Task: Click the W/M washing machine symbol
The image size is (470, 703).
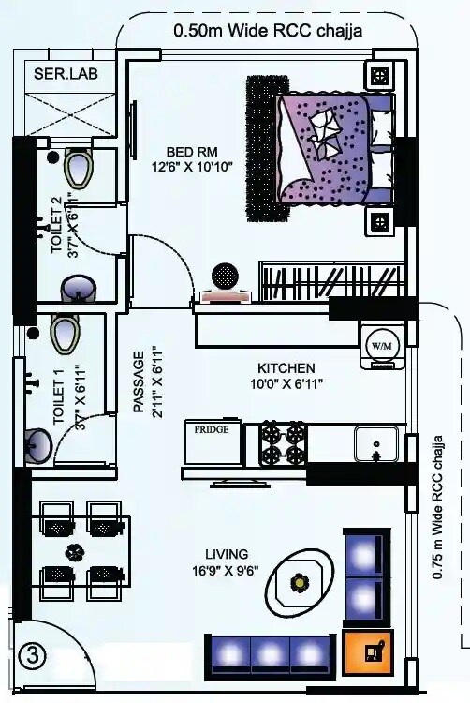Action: (382, 343)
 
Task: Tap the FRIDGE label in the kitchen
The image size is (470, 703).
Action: (213, 430)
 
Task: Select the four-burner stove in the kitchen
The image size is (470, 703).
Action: (283, 444)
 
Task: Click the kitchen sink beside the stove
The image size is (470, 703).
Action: (377, 443)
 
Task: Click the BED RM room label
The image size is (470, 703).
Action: (194, 151)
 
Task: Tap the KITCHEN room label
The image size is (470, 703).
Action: (286, 367)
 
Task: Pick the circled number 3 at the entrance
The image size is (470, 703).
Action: (33, 656)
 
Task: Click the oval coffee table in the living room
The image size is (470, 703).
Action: (299, 583)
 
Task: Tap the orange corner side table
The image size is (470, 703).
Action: (369, 652)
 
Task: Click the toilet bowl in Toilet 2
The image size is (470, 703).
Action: (77, 169)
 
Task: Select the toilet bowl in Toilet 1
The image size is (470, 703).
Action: (64, 332)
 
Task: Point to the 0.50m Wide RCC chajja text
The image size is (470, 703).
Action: (268, 30)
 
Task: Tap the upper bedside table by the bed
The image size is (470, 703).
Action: (380, 75)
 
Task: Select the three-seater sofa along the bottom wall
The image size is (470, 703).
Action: (268, 653)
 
